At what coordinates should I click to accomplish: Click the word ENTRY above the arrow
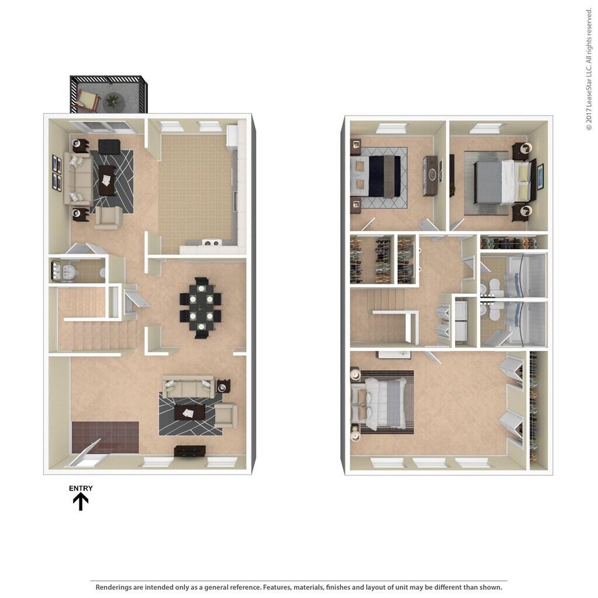[x=81, y=488]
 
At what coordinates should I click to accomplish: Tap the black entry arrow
[x=81, y=502]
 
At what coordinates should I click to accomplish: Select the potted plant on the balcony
[x=112, y=101]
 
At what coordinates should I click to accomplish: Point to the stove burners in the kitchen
[x=211, y=243]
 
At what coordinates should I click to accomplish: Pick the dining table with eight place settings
[x=201, y=307]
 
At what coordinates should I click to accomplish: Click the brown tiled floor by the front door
[x=105, y=437]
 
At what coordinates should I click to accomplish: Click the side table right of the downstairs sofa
[x=224, y=386]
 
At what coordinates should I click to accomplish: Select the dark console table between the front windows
[x=190, y=451]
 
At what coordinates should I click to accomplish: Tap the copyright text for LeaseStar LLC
[x=589, y=68]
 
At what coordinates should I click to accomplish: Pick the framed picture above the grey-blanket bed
[x=540, y=176]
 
